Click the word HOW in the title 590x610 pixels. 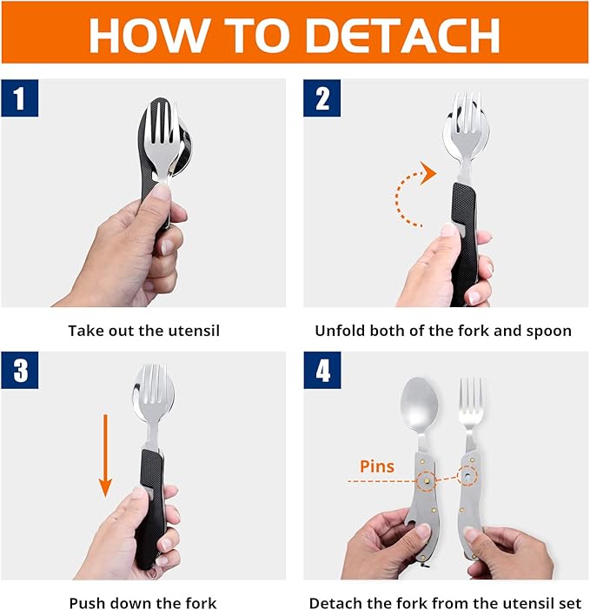click(x=141, y=35)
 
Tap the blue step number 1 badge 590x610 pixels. click(x=20, y=98)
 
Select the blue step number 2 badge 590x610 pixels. click(x=322, y=98)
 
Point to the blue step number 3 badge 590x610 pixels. click(x=20, y=372)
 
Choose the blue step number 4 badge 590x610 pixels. click(x=322, y=372)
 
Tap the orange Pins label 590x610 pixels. click(x=376, y=466)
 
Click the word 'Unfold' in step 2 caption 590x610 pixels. click(x=340, y=331)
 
